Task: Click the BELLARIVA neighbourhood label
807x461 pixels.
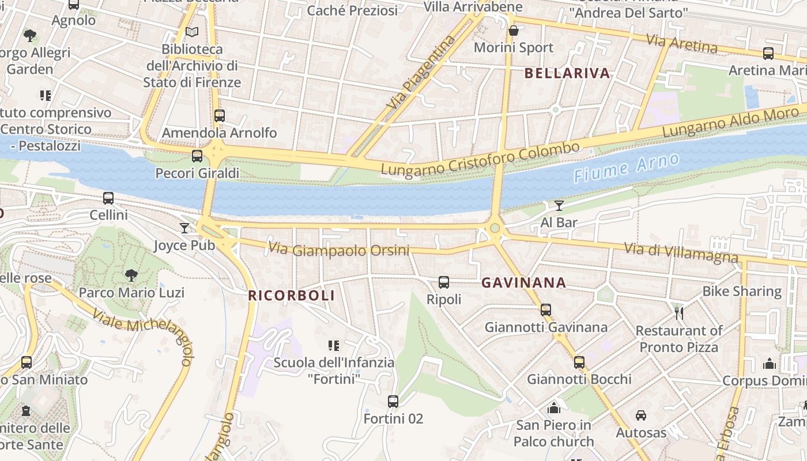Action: click(x=567, y=73)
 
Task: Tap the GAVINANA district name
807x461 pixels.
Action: click(x=523, y=283)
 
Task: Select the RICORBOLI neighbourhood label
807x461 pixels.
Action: click(x=291, y=296)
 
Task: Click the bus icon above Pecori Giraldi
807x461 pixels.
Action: click(x=197, y=156)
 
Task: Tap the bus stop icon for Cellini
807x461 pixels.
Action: click(x=108, y=198)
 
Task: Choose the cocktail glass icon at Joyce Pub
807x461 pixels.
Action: click(x=184, y=228)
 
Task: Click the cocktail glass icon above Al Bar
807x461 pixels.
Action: click(x=559, y=206)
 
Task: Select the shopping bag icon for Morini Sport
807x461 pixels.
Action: click(x=513, y=31)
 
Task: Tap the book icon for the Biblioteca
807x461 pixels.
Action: click(x=192, y=32)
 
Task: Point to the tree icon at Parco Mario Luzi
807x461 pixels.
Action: click(x=131, y=275)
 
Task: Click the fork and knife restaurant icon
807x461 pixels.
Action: click(x=679, y=313)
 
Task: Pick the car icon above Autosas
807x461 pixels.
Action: click(x=640, y=415)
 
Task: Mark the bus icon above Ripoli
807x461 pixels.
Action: click(x=443, y=282)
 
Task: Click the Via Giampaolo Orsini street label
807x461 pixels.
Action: click(x=338, y=250)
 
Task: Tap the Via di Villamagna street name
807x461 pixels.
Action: click(x=681, y=252)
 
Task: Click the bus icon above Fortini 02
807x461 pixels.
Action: click(x=393, y=402)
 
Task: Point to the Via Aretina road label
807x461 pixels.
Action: click(x=681, y=43)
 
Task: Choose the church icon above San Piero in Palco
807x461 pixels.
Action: click(x=554, y=408)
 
